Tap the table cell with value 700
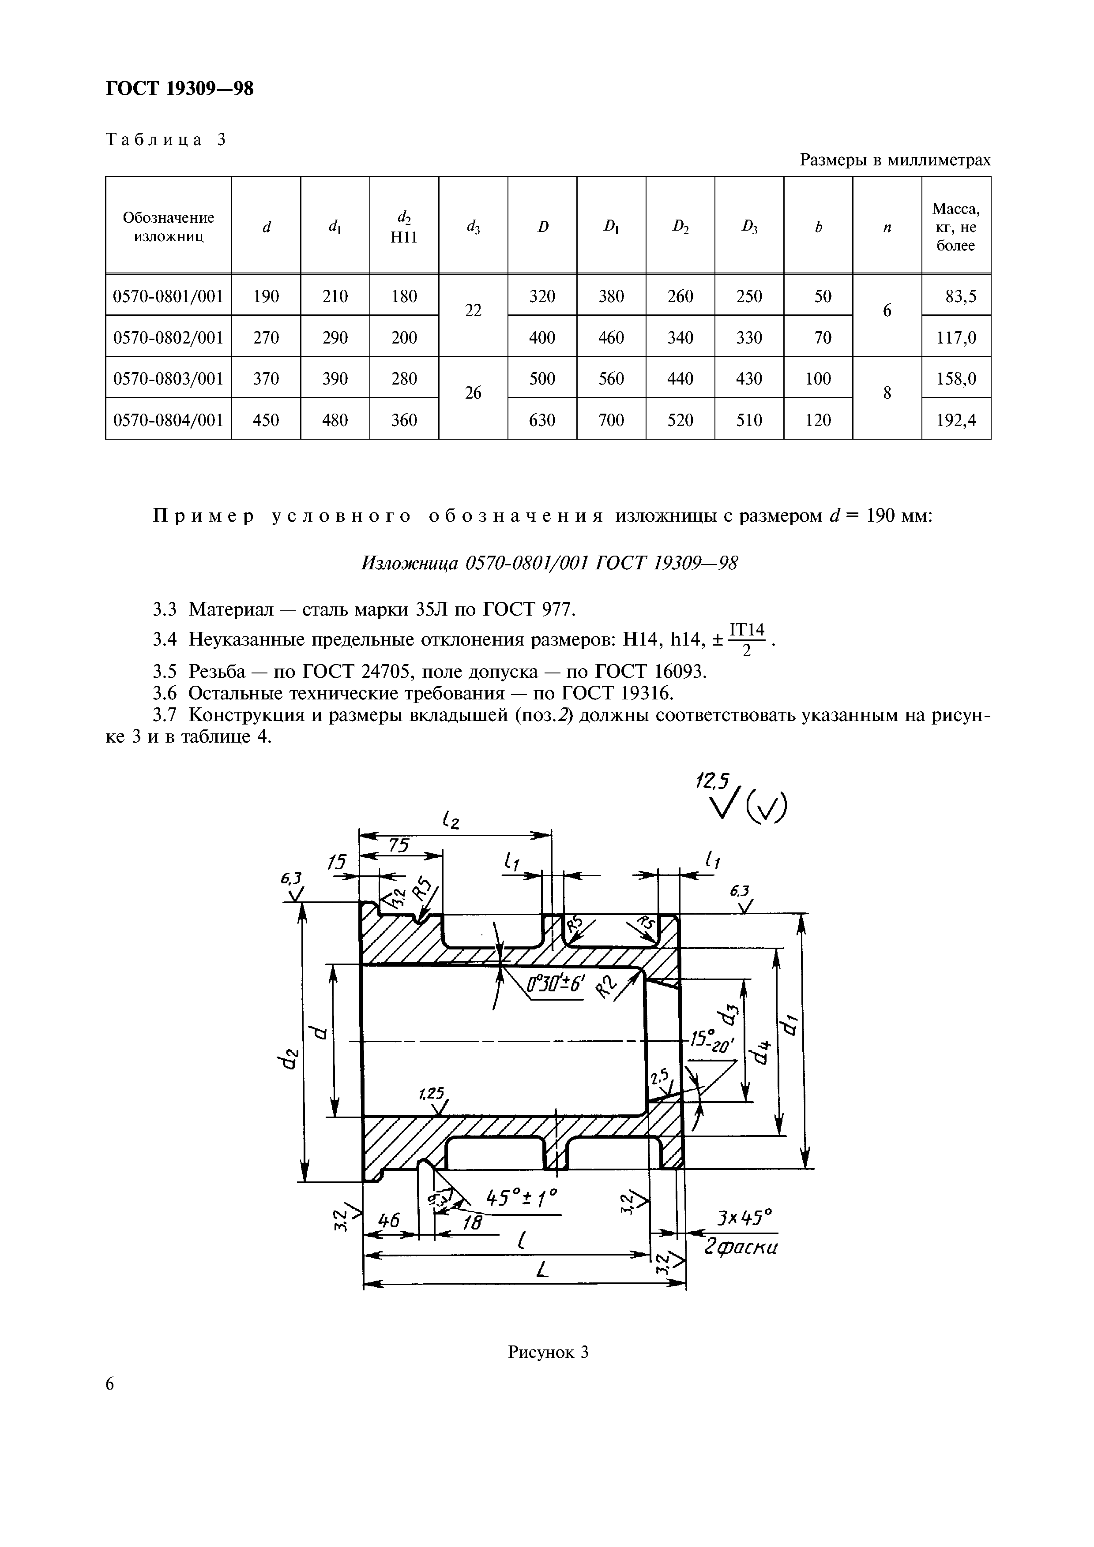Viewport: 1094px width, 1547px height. (x=611, y=420)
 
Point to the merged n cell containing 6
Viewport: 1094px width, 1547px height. (x=887, y=310)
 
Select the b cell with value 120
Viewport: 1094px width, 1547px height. (x=818, y=420)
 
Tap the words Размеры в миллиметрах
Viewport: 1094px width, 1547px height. (x=895, y=161)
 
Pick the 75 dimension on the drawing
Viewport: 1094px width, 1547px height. (x=399, y=845)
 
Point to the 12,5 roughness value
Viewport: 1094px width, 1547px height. (x=712, y=781)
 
